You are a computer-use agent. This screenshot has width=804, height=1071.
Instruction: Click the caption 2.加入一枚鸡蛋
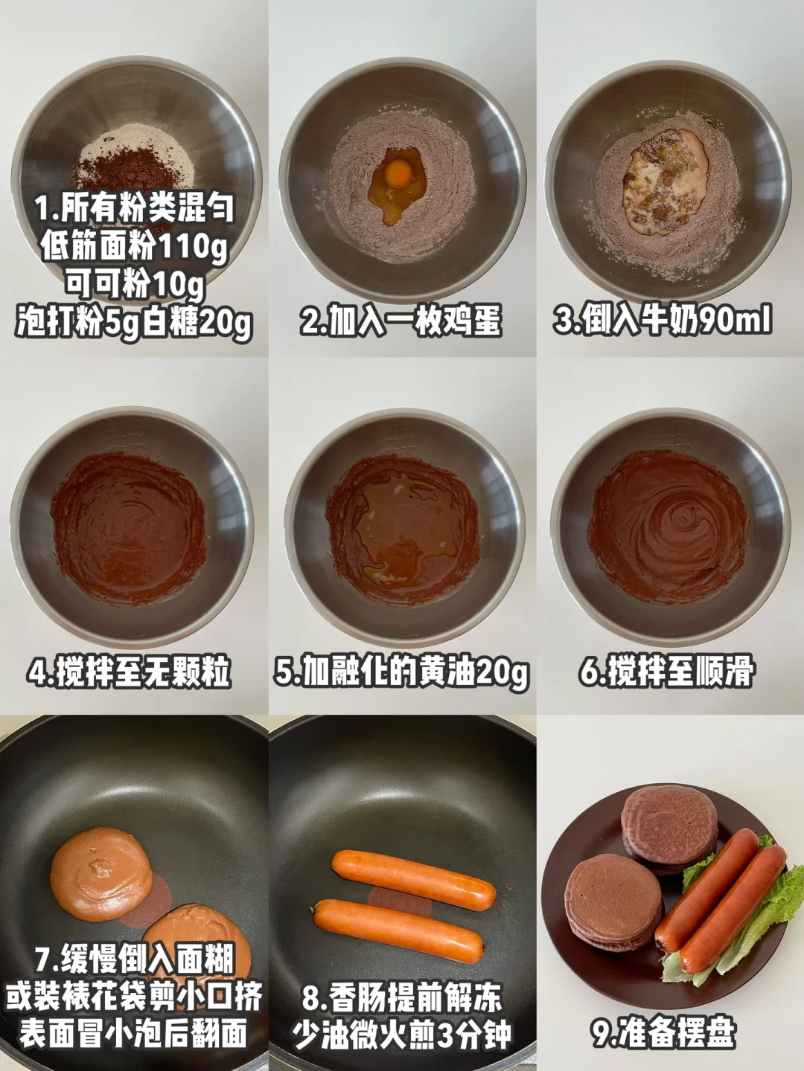point(401,321)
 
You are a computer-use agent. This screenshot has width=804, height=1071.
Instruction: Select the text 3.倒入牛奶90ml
point(663,321)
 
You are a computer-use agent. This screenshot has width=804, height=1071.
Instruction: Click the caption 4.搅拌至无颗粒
point(128,673)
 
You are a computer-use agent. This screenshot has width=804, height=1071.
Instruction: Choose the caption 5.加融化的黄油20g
point(401,673)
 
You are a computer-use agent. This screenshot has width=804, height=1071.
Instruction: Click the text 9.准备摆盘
point(664,1032)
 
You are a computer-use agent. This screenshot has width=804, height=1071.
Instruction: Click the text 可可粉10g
point(135,284)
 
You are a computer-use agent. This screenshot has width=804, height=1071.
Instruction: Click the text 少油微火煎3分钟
point(401,1034)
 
